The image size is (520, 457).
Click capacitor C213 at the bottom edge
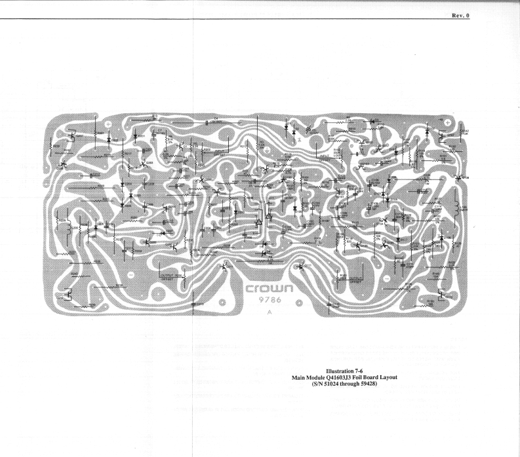(x=194, y=304)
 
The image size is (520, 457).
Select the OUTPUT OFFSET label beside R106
(x=355, y=280)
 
